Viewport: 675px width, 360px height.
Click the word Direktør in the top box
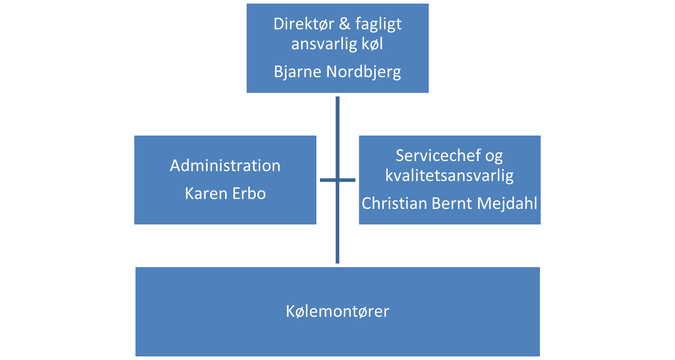click(304, 24)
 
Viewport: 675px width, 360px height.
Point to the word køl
click(373, 44)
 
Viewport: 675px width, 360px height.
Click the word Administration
click(225, 165)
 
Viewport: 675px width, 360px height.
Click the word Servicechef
click(438, 155)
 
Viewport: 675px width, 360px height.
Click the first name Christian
click(394, 203)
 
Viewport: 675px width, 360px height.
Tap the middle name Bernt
click(452, 203)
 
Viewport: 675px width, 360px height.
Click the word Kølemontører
click(337, 311)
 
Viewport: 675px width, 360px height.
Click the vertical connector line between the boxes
click(337, 180)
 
